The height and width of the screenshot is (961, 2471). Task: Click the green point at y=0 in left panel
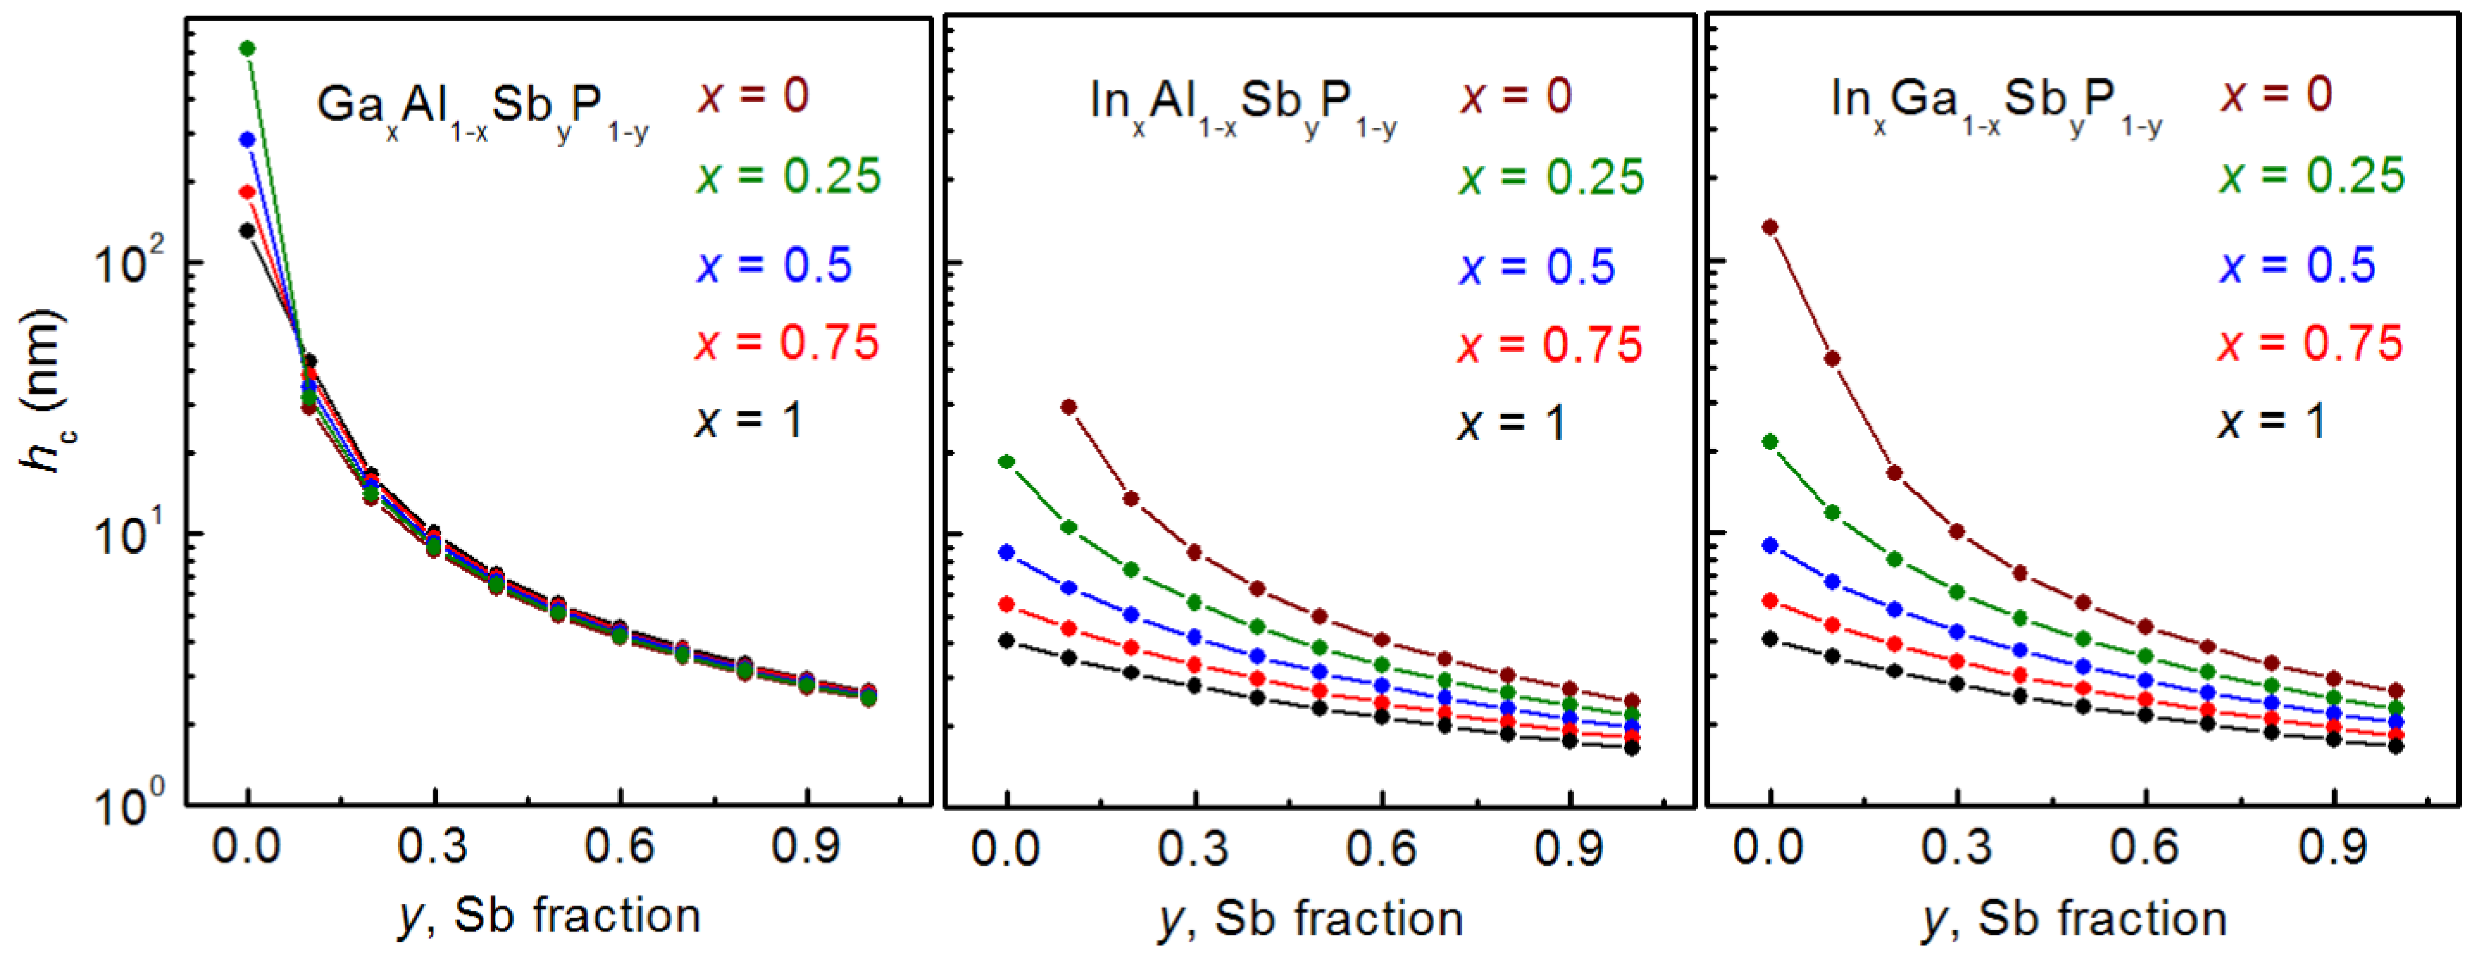[247, 48]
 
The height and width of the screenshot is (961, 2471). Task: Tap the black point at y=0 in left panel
[247, 230]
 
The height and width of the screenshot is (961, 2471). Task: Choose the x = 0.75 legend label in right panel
[2310, 344]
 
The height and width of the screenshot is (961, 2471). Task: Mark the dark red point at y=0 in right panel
[1771, 227]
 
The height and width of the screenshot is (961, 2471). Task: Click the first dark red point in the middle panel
[1069, 407]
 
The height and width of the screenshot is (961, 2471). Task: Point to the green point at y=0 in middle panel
[1006, 461]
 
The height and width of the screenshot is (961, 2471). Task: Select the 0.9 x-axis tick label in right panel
[2334, 848]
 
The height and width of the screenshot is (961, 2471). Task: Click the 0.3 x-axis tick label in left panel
[433, 847]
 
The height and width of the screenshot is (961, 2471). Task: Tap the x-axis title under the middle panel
[1311, 919]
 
